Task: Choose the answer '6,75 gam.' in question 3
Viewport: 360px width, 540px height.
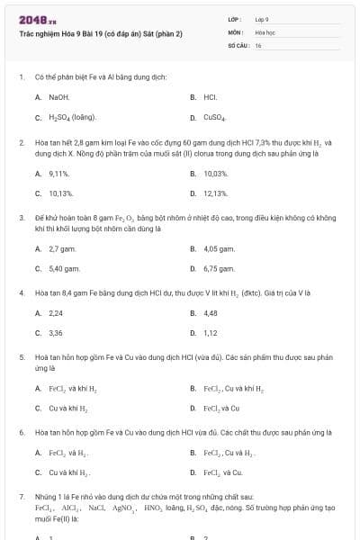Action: pyautogui.click(x=220, y=268)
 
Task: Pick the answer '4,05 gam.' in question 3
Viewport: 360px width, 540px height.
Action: pyautogui.click(x=220, y=247)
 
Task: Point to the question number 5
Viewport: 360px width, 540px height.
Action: pyautogui.click(x=22, y=357)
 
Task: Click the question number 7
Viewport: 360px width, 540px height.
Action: pyautogui.click(x=22, y=497)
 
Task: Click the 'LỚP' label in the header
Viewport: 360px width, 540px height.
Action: pyautogui.click(x=234, y=19)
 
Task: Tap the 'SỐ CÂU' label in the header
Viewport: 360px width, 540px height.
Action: pyautogui.click(x=237, y=44)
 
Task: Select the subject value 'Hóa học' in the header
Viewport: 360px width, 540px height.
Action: pyautogui.click(x=265, y=31)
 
